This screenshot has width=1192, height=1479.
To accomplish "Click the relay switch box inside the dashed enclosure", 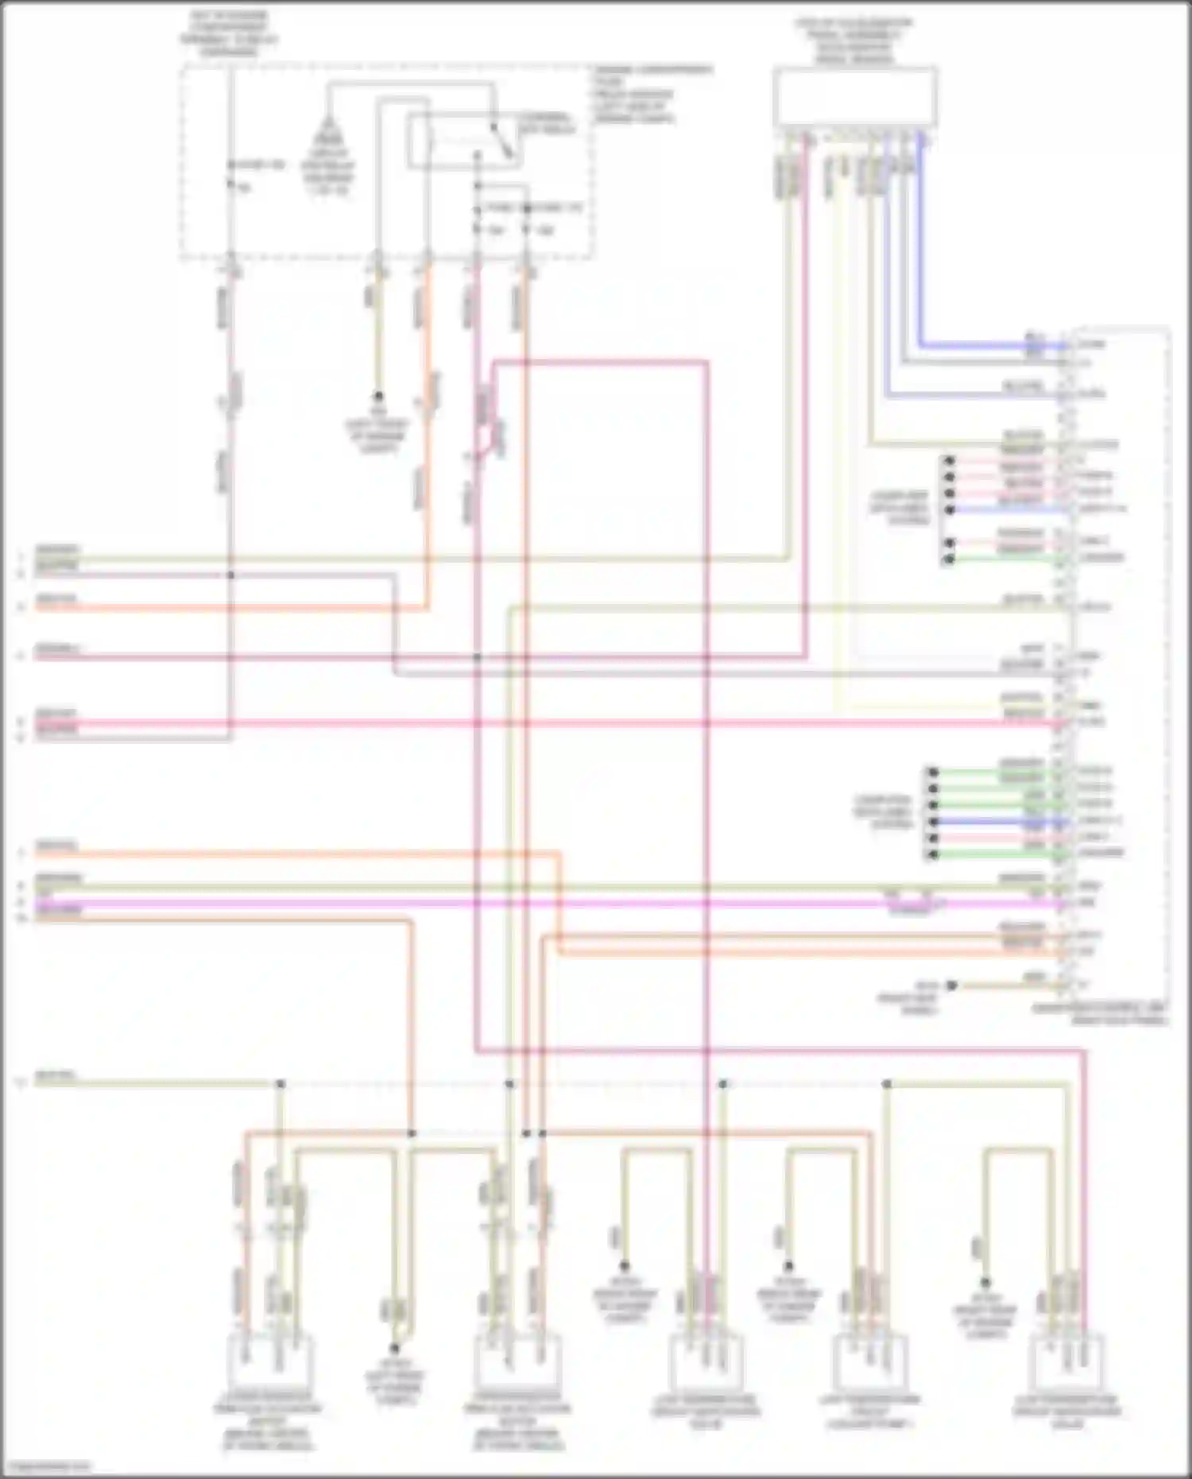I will coord(465,142).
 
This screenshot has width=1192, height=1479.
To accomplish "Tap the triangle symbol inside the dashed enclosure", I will coord(326,127).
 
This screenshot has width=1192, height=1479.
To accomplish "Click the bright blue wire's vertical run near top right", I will coord(921,238).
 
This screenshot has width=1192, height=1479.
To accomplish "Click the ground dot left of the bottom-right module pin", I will coord(951,985).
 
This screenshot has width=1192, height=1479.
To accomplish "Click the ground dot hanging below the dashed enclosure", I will coord(378,395).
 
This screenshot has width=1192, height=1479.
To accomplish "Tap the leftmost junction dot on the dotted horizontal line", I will coord(280,1084).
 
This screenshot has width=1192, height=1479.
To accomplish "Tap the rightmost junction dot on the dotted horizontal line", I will coord(887,1084).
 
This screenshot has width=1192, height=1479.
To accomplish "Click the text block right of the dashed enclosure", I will coord(652,94).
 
